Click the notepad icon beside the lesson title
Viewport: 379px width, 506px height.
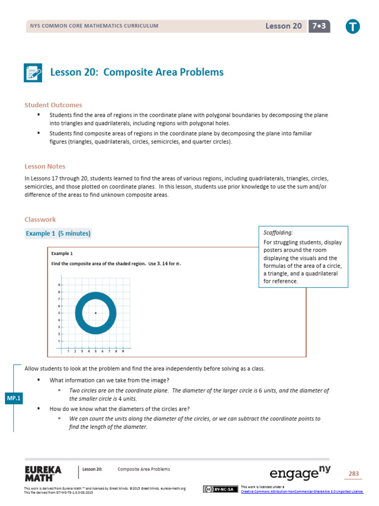33,73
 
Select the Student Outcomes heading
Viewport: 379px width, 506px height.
53,105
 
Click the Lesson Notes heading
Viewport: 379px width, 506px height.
45,167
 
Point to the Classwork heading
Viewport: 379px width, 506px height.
40,219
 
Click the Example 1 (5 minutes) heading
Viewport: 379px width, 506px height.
58,233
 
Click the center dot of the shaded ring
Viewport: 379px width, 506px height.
96,313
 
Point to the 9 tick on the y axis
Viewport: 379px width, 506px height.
59,285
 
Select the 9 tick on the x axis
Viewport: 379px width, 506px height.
123,351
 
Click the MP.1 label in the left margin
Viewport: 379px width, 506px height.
13,399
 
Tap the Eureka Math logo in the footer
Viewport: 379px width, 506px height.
43,473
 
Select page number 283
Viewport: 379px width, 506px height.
353,474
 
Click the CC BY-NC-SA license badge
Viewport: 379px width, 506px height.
218,489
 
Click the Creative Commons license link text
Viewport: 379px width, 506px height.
302,491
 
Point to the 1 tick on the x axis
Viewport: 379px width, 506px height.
68,351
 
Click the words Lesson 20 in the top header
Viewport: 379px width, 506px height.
284,26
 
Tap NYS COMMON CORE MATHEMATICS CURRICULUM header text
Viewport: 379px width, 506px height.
94,26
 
